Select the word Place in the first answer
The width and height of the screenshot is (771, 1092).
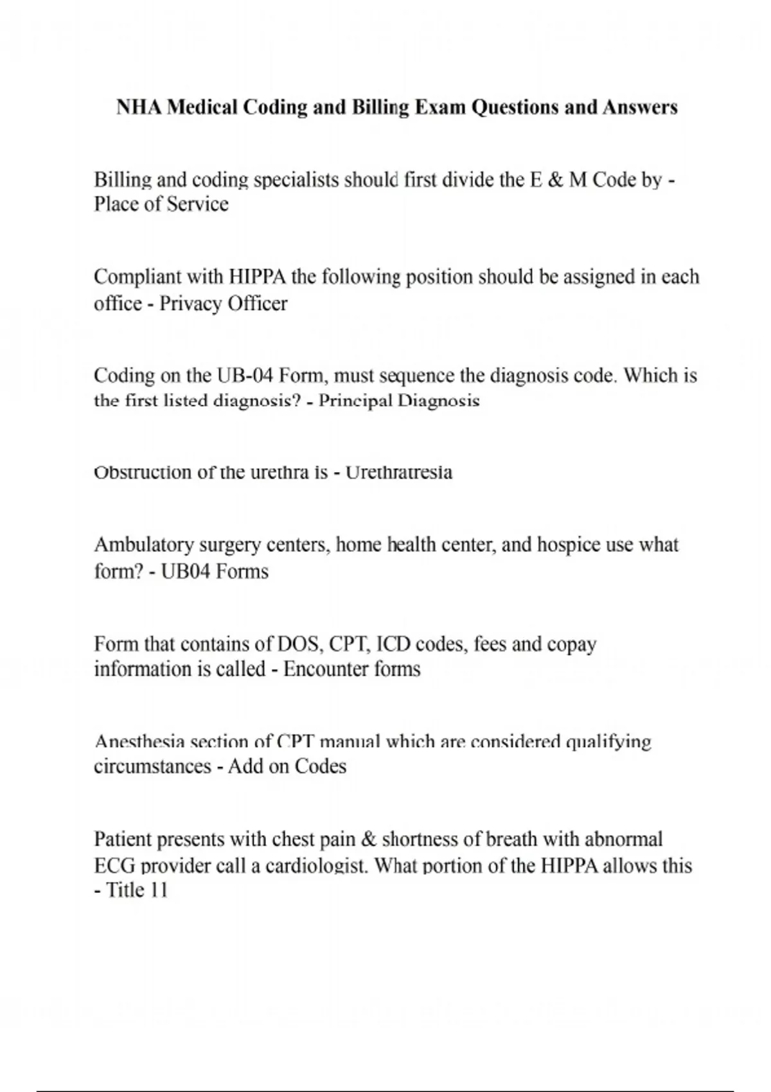pyautogui.click(x=114, y=204)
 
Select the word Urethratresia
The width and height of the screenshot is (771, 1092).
pyautogui.click(x=399, y=473)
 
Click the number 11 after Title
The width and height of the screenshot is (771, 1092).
pyautogui.click(x=157, y=891)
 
